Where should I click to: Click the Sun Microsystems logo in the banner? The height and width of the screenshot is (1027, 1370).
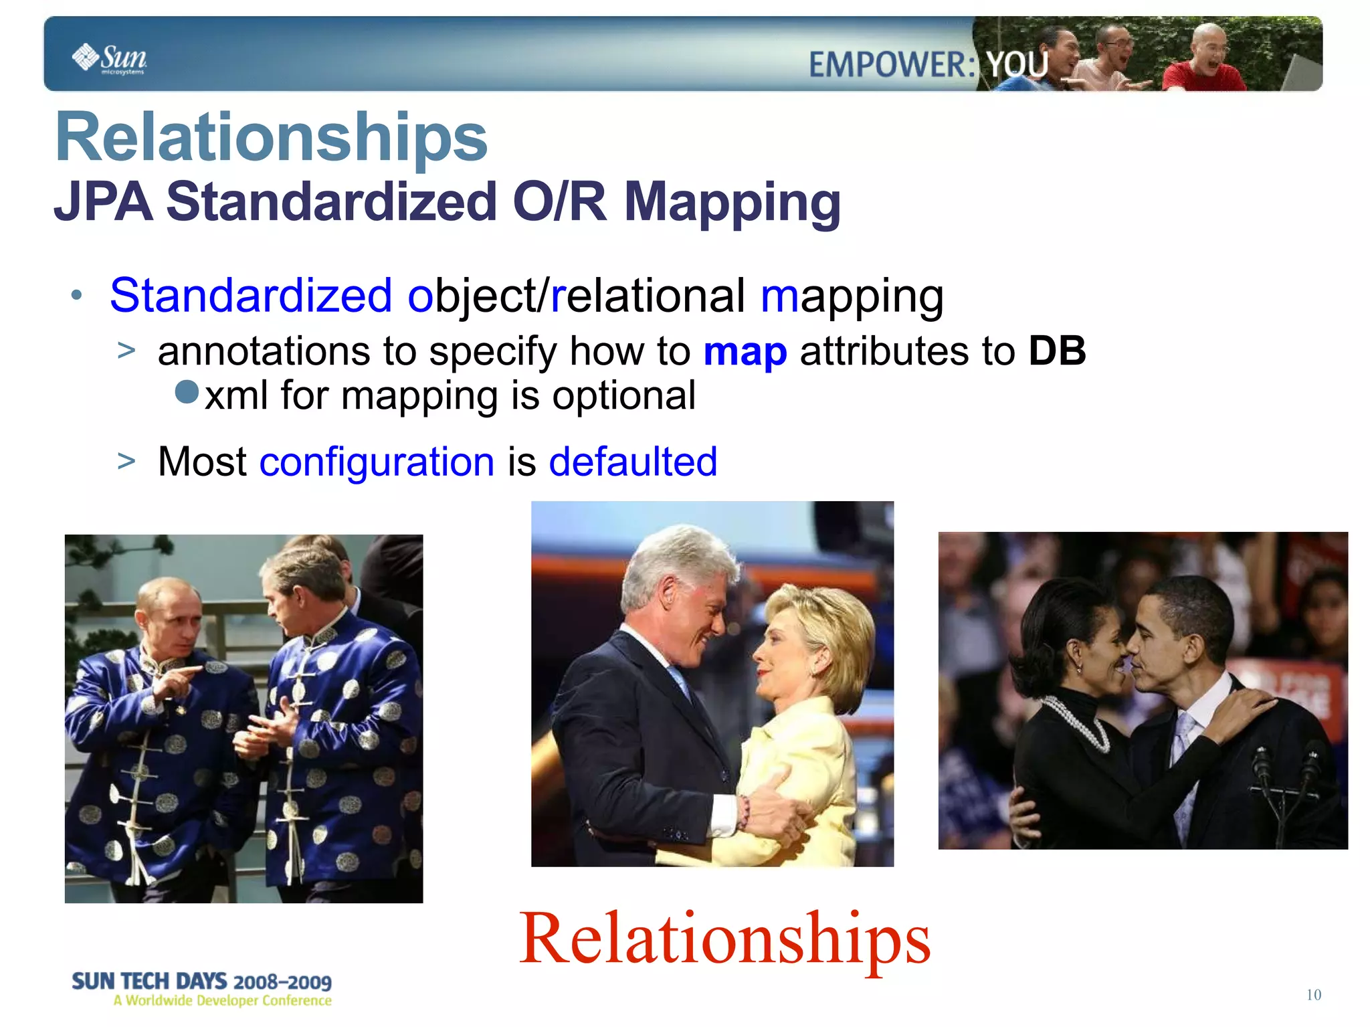tap(109, 58)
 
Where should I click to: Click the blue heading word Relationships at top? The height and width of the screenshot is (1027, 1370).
tap(271, 137)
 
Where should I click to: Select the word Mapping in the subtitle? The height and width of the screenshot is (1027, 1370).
tap(732, 202)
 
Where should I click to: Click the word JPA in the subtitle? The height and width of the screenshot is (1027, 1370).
tap(103, 202)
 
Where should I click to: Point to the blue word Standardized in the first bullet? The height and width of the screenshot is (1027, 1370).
tap(251, 295)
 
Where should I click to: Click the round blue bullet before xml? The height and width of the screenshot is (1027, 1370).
tap(187, 392)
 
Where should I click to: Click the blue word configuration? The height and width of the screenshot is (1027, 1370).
tap(377, 462)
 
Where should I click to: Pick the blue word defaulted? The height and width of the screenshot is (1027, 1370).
tap(633, 462)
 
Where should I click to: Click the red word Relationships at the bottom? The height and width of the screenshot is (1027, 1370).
tap(724, 939)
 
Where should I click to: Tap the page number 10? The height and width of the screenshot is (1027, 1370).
tap(1313, 995)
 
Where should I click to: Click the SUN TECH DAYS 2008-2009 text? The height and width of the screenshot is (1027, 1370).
tap(201, 982)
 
